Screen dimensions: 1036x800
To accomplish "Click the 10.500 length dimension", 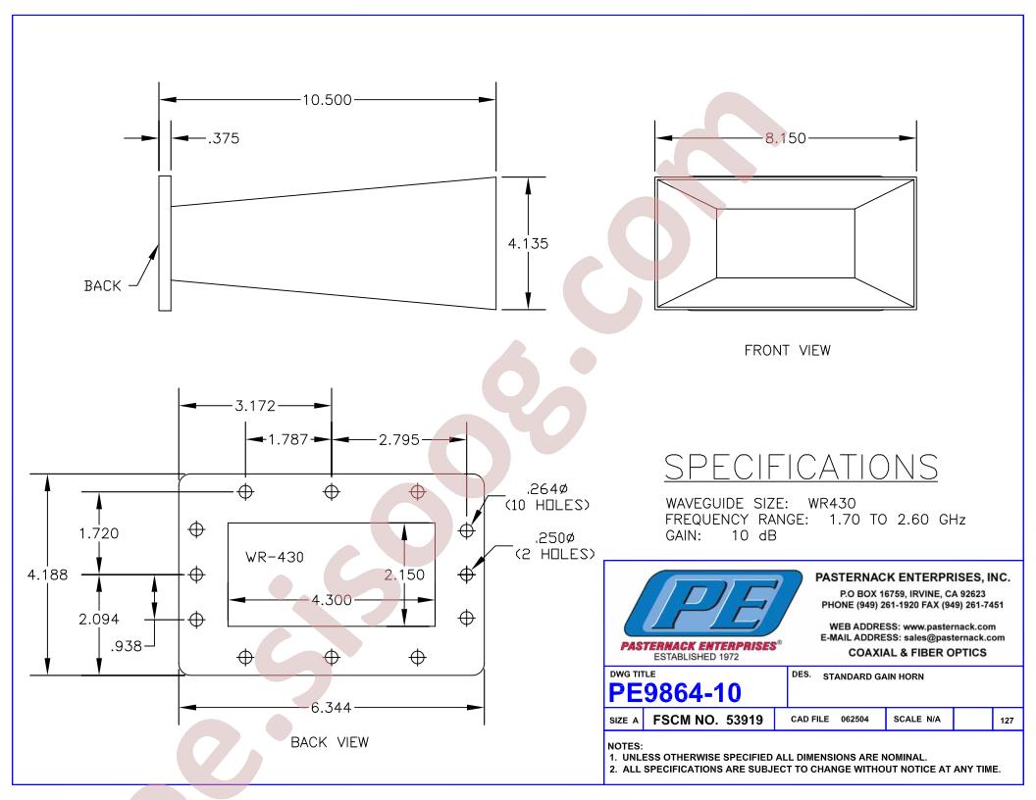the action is coord(327,100).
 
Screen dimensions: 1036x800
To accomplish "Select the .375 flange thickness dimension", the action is coord(224,138).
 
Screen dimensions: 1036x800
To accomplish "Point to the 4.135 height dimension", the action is coord(528,243).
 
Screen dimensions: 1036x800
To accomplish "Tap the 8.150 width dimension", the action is coord(786,138).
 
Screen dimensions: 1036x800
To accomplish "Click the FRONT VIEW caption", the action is coord(787,351).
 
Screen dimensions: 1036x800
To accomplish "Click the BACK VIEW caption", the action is coord(330,742).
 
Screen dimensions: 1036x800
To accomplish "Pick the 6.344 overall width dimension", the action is coord(331,708).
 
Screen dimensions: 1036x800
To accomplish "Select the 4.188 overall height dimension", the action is coord(47,575).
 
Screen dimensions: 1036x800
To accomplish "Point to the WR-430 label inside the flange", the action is coord(274,557).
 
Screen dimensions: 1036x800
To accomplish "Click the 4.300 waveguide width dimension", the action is coord(332,600).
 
